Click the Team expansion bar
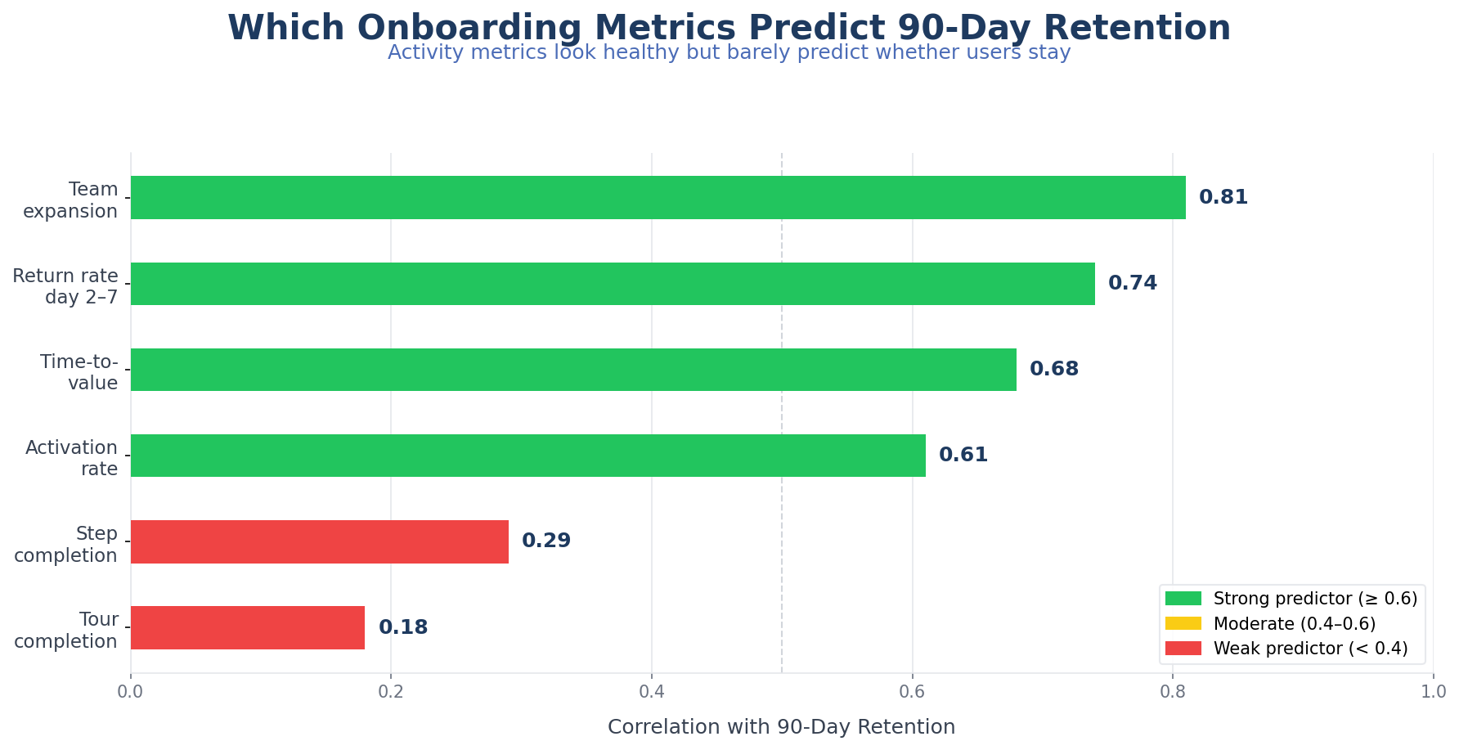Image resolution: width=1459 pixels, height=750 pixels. pos(658,197)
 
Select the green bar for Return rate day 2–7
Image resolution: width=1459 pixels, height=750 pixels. pos(613,284)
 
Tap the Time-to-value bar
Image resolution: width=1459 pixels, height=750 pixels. pos(573,370)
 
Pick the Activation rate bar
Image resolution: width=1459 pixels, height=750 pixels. pos(527,456)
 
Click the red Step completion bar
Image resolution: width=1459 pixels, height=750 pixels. pos(319,541)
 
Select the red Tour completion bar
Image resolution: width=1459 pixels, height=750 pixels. pos(247,627)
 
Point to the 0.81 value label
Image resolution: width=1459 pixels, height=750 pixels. pos(1223,198)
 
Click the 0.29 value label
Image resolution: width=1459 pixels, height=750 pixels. pos(545,541)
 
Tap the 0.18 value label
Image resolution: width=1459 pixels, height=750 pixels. pos(402,628)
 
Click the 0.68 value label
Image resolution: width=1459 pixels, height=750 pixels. pos(1053,370)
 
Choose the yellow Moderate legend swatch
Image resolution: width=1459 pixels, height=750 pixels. pos(1183,624)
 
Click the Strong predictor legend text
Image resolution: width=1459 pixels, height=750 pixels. pos(1315,600)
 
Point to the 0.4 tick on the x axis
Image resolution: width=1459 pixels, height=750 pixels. pos(652,693)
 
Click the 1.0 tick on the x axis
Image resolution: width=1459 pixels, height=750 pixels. pos(1433,693)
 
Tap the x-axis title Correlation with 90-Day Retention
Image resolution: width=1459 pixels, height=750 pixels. pos(781,727)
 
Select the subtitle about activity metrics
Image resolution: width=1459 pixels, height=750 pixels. pos(729,53)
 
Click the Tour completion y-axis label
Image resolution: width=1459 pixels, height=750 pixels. pos(66,631)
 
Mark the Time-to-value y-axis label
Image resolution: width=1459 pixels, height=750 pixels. pos(79,372)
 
